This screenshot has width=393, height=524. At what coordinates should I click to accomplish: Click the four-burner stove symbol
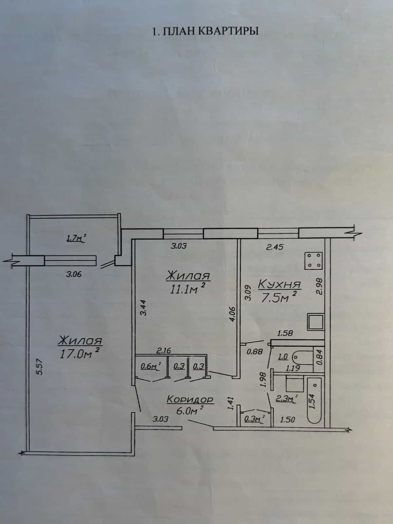point(313,261)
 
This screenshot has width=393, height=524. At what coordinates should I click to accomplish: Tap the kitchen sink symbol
point(316,322)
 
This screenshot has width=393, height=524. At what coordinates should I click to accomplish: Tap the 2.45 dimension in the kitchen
point(275,247)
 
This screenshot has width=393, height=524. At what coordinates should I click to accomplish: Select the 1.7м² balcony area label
point(76,238)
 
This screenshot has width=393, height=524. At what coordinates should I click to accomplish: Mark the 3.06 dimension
point(74,274)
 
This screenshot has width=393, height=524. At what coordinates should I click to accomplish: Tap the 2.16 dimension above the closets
point(164,350)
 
